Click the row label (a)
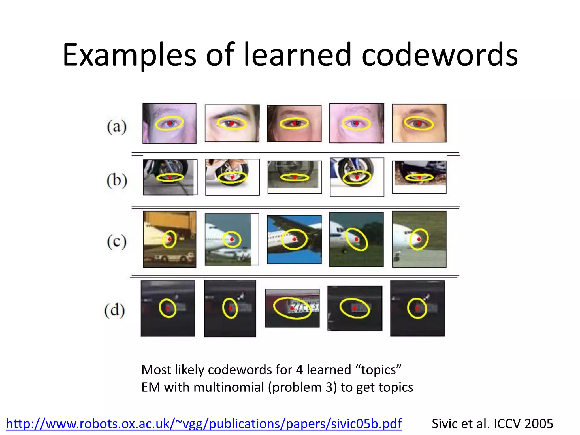coord(117,127)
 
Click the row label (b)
coord(117,180)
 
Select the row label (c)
coord(117,242)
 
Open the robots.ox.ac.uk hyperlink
coord(204,424)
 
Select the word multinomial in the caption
coord(229,387)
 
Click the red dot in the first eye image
coord(169,123)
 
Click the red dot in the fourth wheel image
coord(357,177)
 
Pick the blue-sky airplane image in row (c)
coord(294,240)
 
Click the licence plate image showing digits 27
coord(292,308)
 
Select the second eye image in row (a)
coord(232,123)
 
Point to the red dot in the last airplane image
coord(419,240)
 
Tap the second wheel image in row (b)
coord(232,177)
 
